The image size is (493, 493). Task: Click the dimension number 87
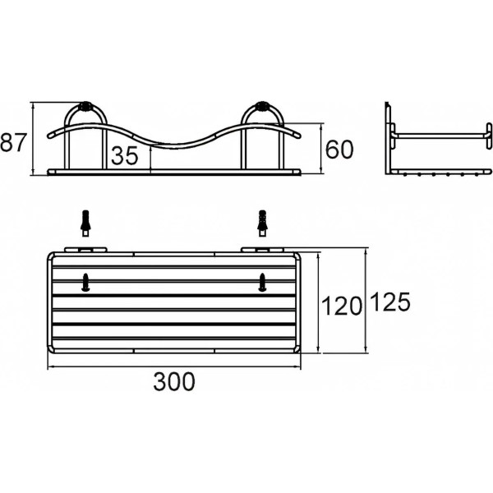click(x=12, y=143)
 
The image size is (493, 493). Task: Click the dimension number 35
click(x=124, y=156)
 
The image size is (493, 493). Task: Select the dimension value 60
click(x=339, y=149)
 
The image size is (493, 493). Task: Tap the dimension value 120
click(x=342, y=306)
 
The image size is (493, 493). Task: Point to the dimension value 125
click(x=390, y=302)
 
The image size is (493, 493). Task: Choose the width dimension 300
click(x=174, y=381)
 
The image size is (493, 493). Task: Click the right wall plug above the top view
click(x=262, y=221)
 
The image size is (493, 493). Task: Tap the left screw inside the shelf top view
click(x=85, y=282)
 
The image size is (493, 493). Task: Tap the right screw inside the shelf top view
click(x=262, y=282)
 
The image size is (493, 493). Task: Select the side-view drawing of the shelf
click(x=439, y=140)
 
